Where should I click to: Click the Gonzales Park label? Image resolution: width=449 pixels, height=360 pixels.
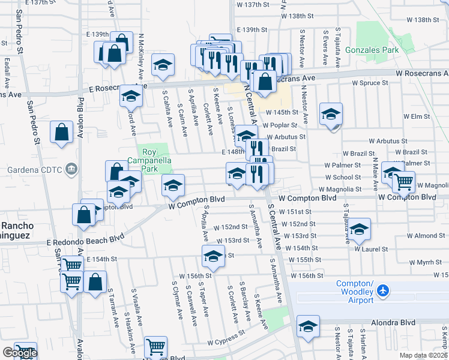tap(377, 51)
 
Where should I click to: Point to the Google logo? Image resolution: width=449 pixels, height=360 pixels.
tap(20, 353)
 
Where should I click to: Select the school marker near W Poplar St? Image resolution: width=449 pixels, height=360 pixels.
tap(330, 114)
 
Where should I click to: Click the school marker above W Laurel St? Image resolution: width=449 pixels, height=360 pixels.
tap(359, 229)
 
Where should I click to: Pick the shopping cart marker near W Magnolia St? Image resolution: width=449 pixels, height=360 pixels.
tap(404, 181)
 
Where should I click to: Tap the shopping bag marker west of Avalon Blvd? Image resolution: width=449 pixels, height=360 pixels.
tap(62, 133)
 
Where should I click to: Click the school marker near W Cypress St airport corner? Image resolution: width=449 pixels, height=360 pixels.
tap(308, 326)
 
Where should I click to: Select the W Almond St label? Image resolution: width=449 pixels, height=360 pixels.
tap(428, 236)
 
